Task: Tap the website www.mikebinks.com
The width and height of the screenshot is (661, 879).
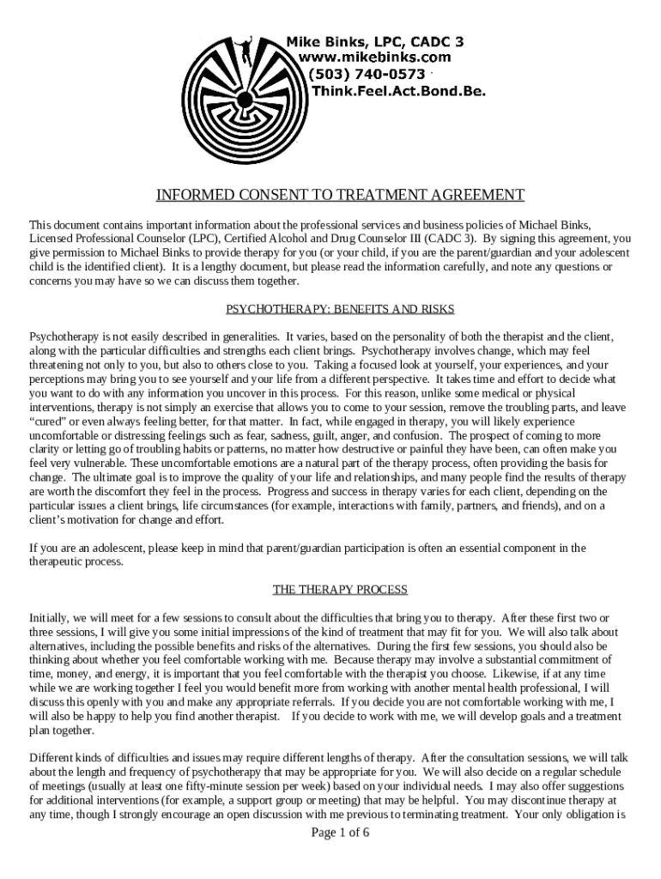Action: pos(373,57)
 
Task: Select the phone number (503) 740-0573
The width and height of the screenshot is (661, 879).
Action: pos(367,74)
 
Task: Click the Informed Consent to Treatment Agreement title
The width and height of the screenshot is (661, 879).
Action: pos(340,194)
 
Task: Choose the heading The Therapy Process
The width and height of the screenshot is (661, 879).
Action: pos(340,590)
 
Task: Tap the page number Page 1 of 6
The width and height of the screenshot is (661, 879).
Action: pos(340,833)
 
